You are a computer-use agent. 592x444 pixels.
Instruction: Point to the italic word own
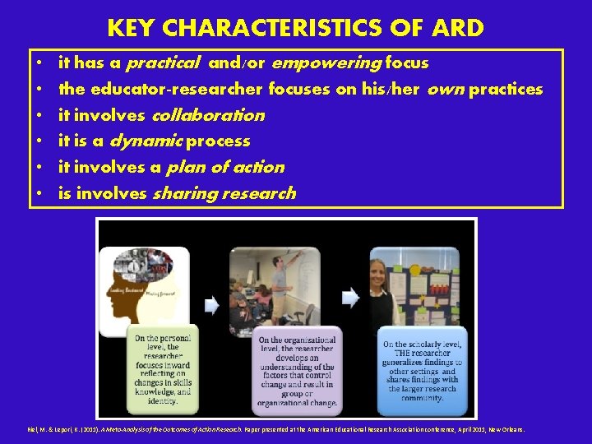446,89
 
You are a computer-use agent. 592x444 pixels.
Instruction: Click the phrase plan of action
224,168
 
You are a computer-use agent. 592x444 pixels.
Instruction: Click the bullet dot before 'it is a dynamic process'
39,141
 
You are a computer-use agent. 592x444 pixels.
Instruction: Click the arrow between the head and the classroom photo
211,304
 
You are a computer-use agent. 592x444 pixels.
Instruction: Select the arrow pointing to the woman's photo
351,298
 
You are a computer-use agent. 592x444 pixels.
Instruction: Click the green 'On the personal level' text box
162,371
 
